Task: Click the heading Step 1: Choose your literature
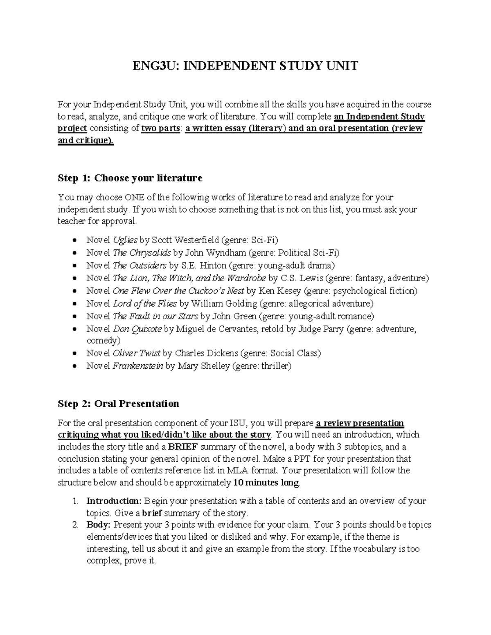tap(130, 178)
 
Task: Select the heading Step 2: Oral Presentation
tap(118, 404)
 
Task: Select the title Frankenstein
tap(138, 366)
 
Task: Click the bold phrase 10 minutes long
tap(266, 483)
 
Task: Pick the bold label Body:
tap(99, 525)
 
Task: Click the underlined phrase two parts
tap(161, 128)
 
